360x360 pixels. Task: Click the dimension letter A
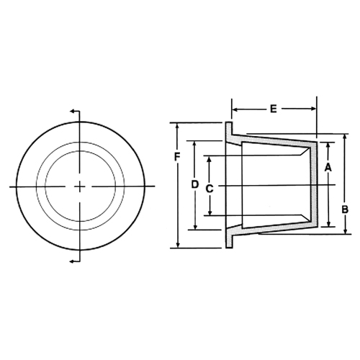(328, 167)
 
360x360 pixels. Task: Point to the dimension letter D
(194, 184)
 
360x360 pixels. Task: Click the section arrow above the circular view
(73, 111)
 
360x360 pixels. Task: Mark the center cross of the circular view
(79, 186)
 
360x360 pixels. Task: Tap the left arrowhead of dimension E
(235, 109)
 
